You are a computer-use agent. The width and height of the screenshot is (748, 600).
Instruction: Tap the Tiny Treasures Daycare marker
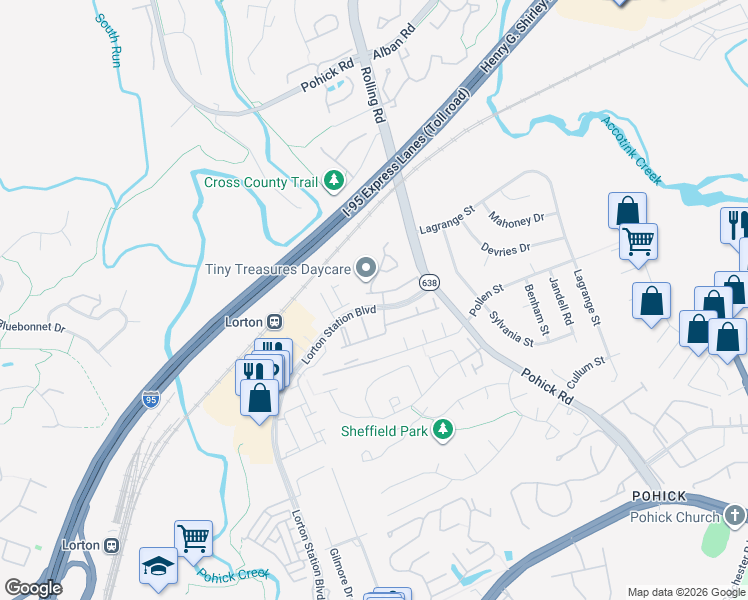tap(367, 268)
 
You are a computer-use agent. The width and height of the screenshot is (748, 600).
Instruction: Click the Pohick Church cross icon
tap(735, 516)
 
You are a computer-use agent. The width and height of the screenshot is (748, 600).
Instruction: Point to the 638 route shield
tap(429, 283)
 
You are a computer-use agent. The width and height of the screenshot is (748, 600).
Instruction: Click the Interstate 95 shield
tap(150, 398)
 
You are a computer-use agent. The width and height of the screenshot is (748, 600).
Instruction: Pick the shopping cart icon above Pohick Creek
tap(193, 538)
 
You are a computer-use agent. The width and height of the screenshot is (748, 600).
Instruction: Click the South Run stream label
tap(110, 36)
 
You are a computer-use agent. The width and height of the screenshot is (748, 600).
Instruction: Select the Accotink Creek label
tap(632, 150)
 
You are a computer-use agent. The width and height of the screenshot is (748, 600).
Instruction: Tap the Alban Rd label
tap(393, 45)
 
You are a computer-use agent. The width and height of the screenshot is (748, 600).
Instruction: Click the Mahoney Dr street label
tap(516, 218)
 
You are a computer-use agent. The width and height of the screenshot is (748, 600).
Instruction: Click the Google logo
tap(33, 588)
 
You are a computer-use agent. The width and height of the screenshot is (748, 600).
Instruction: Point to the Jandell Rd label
tap(560, 301)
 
